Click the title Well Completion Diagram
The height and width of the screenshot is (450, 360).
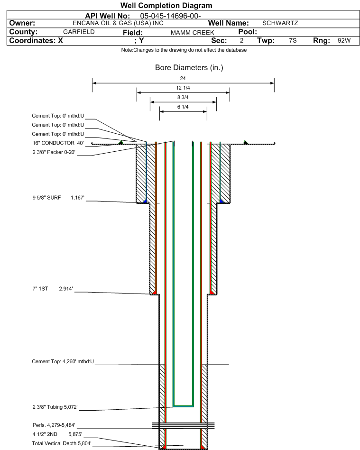[x=166, y=6]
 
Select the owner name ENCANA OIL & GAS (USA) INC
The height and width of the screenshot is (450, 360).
[x=118, y=23]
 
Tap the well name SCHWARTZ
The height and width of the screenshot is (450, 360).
[x=280, y=23]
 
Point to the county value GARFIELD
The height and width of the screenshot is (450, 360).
[x=79, y=32]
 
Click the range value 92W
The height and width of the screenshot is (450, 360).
[x=344, y=41]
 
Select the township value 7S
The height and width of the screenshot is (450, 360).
[x=293, y=41]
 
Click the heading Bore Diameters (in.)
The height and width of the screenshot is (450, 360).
[x=189, y=68]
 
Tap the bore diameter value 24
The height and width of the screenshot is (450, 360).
[x=183, y=78]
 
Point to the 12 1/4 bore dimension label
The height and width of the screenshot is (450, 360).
[x=183, y=88]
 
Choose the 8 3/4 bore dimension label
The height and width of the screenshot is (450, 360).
[x=183, y=98]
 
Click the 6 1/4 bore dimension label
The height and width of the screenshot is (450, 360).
[x=183, y=107]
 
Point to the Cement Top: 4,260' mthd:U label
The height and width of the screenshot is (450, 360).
[x=63, y=362]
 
